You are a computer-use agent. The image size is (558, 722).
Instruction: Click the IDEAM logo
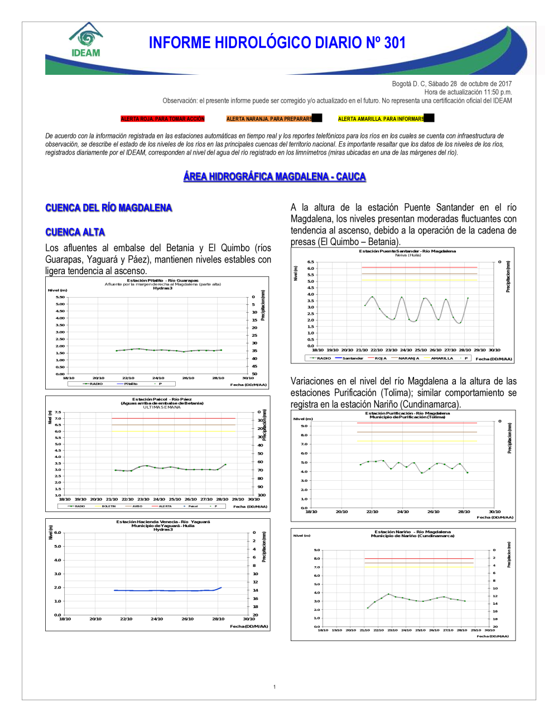pyautogui.click(x=86, y=41)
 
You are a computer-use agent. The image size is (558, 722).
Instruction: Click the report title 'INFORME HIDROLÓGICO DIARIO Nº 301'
pyautogui.click(x=277, y=42)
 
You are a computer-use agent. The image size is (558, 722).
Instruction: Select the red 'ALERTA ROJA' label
pyautogui.click(x=162, y=119)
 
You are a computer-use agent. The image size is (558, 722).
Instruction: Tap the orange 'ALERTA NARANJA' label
pyautogui.click(x=269, y=119)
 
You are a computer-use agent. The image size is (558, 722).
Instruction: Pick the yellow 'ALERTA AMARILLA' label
pyautogui.click(x=381, y=119)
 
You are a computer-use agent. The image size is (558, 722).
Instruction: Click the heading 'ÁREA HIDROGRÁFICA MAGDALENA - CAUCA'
pyautogui.click(x=275, y=176)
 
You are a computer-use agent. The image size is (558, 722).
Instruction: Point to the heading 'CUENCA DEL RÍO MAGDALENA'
pyautogui.click(x=109, y=208)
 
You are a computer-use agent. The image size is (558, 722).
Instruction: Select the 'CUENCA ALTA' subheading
pyautogui.click(x=75, y=232)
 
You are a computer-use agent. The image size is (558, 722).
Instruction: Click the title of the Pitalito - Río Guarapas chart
pyautogui.click(x=162, y=281)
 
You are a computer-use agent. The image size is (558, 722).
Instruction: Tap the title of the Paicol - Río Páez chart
pyautogui.click(x=162, y=399)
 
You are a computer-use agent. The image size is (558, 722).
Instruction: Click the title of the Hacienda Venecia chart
pyautogui.click(x=163, y=522)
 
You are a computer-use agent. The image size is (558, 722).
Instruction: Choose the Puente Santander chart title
pyautogui.click(x=407, y=251)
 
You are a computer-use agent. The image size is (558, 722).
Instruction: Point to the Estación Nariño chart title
pyautogui.click(x=412, y=532)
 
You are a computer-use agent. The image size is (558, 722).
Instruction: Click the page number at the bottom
pyautogui.click(x=275, y=687)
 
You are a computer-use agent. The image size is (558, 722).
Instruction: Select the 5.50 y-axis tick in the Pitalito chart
pyautogui.click(x=60, y=297)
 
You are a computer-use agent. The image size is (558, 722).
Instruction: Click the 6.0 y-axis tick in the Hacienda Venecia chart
pyautogui.click(x=57, y=533)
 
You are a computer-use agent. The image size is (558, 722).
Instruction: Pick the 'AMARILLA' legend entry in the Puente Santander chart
pyautogui.click(x=442, y=358)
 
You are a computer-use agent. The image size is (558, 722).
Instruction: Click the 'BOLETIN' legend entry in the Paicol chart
pyautogui.click(x=108, y=506)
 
